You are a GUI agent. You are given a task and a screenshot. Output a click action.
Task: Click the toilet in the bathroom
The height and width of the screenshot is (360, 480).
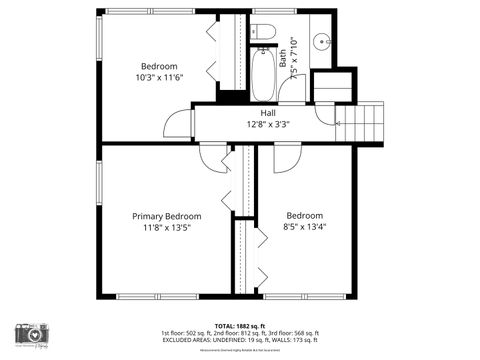(x=264, y=29)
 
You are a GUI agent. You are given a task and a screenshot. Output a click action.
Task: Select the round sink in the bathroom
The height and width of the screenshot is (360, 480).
(x=322, y=42)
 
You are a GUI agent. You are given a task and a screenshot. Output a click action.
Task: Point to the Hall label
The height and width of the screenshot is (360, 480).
(x=269, y=114)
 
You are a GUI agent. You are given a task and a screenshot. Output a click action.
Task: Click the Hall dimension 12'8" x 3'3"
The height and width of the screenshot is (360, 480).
(x=269, y=125)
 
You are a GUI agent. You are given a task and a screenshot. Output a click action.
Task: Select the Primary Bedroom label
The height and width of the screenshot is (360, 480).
(x=167, y=216)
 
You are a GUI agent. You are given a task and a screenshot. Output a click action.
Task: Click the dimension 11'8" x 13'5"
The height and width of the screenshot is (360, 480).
(x=167, y=228)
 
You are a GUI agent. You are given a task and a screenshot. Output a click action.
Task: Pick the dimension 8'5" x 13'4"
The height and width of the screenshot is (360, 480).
(x=305, y=227)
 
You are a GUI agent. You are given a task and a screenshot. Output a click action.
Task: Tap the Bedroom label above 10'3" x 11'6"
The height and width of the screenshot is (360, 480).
(x=158, y=66)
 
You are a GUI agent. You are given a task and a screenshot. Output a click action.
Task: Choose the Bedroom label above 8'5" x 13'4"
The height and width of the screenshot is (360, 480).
(x=305, y=216)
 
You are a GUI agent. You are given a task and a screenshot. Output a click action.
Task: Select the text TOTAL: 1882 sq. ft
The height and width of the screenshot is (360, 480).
(x=240, y=325)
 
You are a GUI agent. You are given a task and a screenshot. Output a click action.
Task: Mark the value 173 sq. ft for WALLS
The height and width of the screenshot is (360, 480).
(x=302, y=339)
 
